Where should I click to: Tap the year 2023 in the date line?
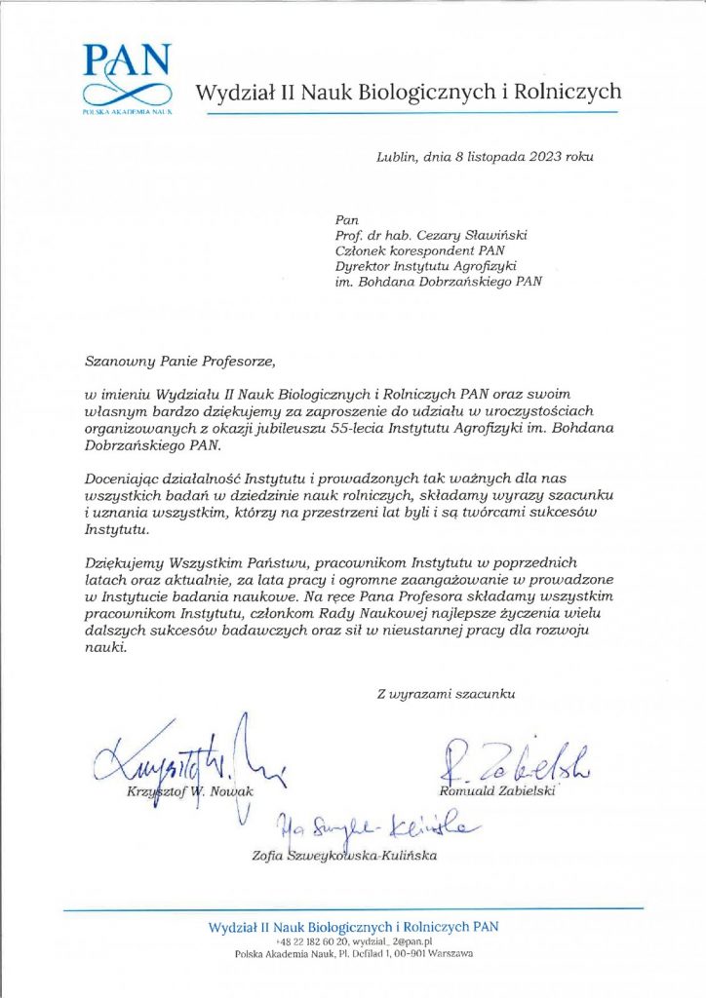[538, 155]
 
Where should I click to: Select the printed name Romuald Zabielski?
[497, 790]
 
